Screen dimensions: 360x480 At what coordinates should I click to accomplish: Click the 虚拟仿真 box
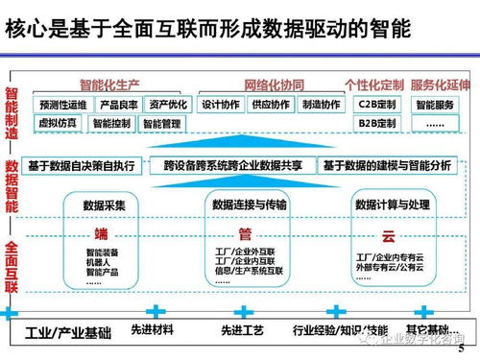(x=58, y=123)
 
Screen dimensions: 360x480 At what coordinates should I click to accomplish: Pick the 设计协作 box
(x=220, y=105)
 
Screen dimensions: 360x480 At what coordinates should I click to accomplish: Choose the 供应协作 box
(x=270, y=105)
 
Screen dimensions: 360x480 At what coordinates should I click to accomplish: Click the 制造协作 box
(x=320, y=105)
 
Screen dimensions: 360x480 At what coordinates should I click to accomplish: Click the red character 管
(x=244, y=233)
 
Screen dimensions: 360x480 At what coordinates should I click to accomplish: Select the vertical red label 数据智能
(x=12, y=185)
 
